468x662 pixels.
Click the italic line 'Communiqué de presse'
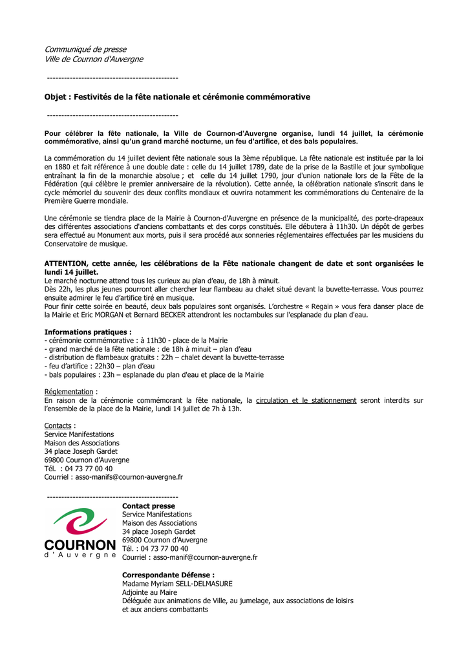[x=85, y=49]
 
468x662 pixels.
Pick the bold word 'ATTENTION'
[x=66, y=264]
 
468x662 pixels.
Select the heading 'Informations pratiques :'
[x=88, y=332]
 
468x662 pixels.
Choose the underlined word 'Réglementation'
[x=69, y=392]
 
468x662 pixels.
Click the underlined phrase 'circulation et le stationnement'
[x=306, y=401]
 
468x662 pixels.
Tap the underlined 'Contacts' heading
[x=58, y=426]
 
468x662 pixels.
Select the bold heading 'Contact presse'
[x=149, y=506]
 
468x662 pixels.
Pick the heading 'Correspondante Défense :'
[x=168, y=575]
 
